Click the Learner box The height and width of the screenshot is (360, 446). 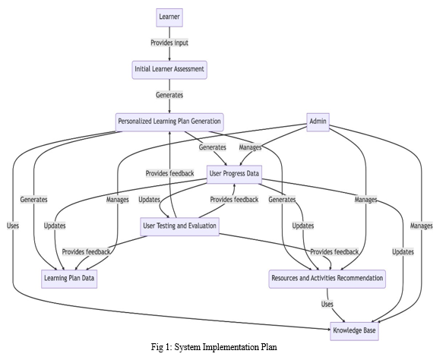click(169, 17)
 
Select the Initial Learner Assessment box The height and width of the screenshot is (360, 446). click(169, 70)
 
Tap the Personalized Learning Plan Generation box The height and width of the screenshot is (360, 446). click(169, 122)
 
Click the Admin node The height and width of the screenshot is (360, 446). click(318, 122)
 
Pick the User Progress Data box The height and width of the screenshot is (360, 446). click(234, 175)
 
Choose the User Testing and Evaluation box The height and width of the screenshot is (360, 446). click(179, 226)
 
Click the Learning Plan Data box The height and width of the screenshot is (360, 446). click(69, 279)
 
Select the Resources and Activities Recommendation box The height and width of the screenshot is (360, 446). click(327, 279)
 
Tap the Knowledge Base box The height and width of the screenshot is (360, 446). click(354, 331)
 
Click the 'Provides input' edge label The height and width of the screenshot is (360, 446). click(169, 43)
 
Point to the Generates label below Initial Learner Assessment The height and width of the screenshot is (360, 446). click(169, 95)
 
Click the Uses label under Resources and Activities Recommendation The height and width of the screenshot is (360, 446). click(327, 305)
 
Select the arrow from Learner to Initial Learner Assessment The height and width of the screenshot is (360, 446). click(169, 44)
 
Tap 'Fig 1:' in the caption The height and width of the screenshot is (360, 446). click(161, 347)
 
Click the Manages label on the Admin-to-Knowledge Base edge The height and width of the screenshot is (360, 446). click(421, 226)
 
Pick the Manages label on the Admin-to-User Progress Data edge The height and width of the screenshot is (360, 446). click(250, 147)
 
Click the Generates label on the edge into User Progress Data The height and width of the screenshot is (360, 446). click(213, 147)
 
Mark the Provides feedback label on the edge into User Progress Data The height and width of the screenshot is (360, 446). click(234, 200)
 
